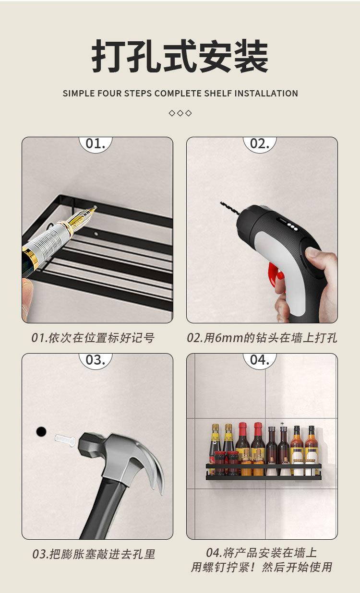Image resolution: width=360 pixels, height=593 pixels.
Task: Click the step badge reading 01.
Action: pos(95,144)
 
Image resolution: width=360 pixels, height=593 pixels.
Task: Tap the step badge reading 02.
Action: pos(260,144)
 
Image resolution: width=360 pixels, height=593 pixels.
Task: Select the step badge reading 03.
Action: pos(95,360)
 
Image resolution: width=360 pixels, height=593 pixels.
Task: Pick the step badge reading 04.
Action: pos(260,360)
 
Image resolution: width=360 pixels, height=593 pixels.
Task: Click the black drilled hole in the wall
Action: pos(41,431)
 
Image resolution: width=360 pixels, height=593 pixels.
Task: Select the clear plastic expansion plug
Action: pos(65,439)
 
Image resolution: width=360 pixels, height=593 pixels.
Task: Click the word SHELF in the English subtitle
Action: pos(216,94)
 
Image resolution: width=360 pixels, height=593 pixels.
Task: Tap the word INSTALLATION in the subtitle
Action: pos(266,94)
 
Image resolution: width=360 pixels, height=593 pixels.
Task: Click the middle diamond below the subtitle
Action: pos(180,113)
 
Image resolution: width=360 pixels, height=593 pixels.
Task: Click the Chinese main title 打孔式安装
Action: pos(180,57)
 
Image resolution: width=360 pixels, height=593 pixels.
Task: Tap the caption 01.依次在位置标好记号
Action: pos(93,338)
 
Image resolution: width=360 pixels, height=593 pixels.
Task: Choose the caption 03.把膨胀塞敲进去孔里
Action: pos(94,554)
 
